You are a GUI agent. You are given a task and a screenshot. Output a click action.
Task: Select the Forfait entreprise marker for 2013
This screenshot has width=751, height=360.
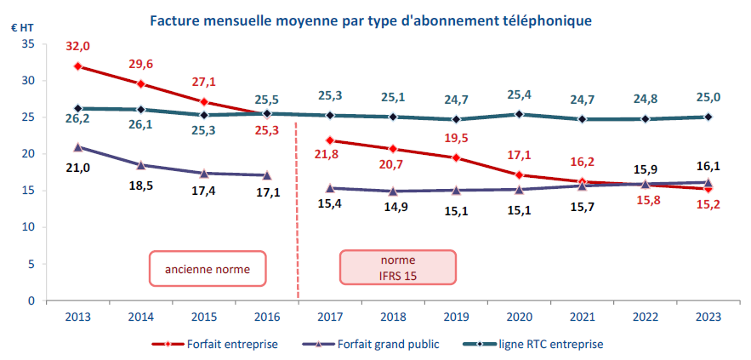[78, 66]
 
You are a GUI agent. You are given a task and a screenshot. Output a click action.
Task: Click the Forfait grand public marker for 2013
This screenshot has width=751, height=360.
[78, 147]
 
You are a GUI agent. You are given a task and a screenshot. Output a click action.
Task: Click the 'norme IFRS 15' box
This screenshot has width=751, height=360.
[398, 267]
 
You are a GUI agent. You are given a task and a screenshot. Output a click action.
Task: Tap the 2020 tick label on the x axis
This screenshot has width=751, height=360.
[519, 317]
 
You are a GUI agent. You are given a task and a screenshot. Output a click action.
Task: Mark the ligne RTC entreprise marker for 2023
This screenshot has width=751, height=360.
[708, 117]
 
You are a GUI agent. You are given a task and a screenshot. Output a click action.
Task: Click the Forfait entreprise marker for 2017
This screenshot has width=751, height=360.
[329, 140]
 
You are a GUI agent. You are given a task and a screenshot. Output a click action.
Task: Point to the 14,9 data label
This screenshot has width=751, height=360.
[392, 207]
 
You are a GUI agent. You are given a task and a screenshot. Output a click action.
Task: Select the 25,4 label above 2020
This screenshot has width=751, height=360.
[519, 94]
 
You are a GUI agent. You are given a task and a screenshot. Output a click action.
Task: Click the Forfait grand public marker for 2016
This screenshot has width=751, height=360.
[267, 175]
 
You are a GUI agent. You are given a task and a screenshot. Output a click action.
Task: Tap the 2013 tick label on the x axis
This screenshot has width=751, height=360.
[78, 317]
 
